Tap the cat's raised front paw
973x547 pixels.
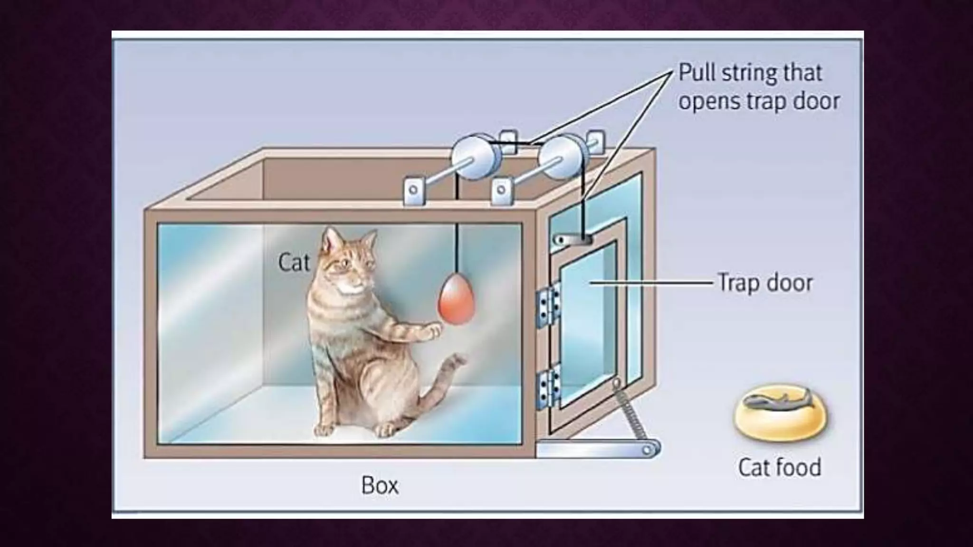433,330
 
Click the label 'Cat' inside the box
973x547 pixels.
294,263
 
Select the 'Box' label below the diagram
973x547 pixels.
380,485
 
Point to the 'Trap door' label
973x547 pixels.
765,283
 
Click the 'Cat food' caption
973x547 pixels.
779,467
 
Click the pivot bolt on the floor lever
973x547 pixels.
647,450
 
